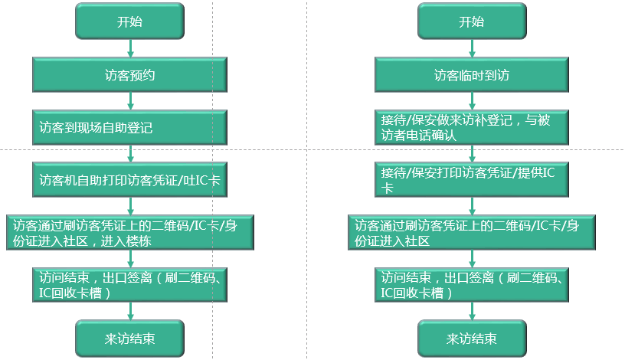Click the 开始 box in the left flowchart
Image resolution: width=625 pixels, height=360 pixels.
coord(129,21)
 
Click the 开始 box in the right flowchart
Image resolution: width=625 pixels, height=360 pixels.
coord(472,21)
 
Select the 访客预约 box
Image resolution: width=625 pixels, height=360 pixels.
coord(129,75)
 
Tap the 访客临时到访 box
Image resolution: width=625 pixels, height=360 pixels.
coord(472,75)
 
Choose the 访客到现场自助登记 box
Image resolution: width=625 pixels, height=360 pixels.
coord(129,127)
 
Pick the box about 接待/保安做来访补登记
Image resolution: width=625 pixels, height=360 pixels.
coord(472,127)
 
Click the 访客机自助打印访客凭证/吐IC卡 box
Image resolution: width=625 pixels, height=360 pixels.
coord(129,180)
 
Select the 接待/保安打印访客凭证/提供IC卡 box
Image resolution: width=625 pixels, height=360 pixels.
coord(472,180)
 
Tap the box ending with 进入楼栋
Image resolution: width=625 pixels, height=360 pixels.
coord(129,233)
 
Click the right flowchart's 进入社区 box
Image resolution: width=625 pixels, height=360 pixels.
coord(472,233)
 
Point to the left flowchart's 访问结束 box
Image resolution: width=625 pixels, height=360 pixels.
coord(129,284)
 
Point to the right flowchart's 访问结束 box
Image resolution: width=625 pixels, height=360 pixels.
coord(472,284)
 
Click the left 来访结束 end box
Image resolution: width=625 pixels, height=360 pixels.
coord(129,338)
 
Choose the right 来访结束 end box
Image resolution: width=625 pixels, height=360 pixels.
coord(472,338)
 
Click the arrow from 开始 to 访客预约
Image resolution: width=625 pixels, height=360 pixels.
coord(129,48)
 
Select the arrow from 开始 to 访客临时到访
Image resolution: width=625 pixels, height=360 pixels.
coord(472,48)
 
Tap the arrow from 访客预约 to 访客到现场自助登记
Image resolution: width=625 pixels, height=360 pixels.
coord(129,101)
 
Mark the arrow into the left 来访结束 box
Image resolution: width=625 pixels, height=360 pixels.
coord(129,311)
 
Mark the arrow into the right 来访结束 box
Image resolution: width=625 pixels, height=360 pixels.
coord(472,311)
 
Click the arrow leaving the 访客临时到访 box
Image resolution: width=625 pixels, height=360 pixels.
coord(472,101)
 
